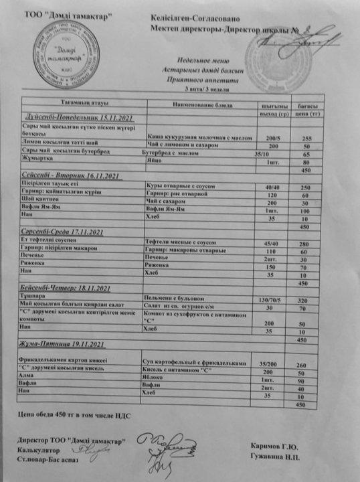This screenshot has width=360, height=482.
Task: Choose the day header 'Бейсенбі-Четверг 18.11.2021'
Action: click(x=65, y=288)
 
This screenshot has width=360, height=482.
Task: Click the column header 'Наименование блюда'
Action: click(x=202, y=107)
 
